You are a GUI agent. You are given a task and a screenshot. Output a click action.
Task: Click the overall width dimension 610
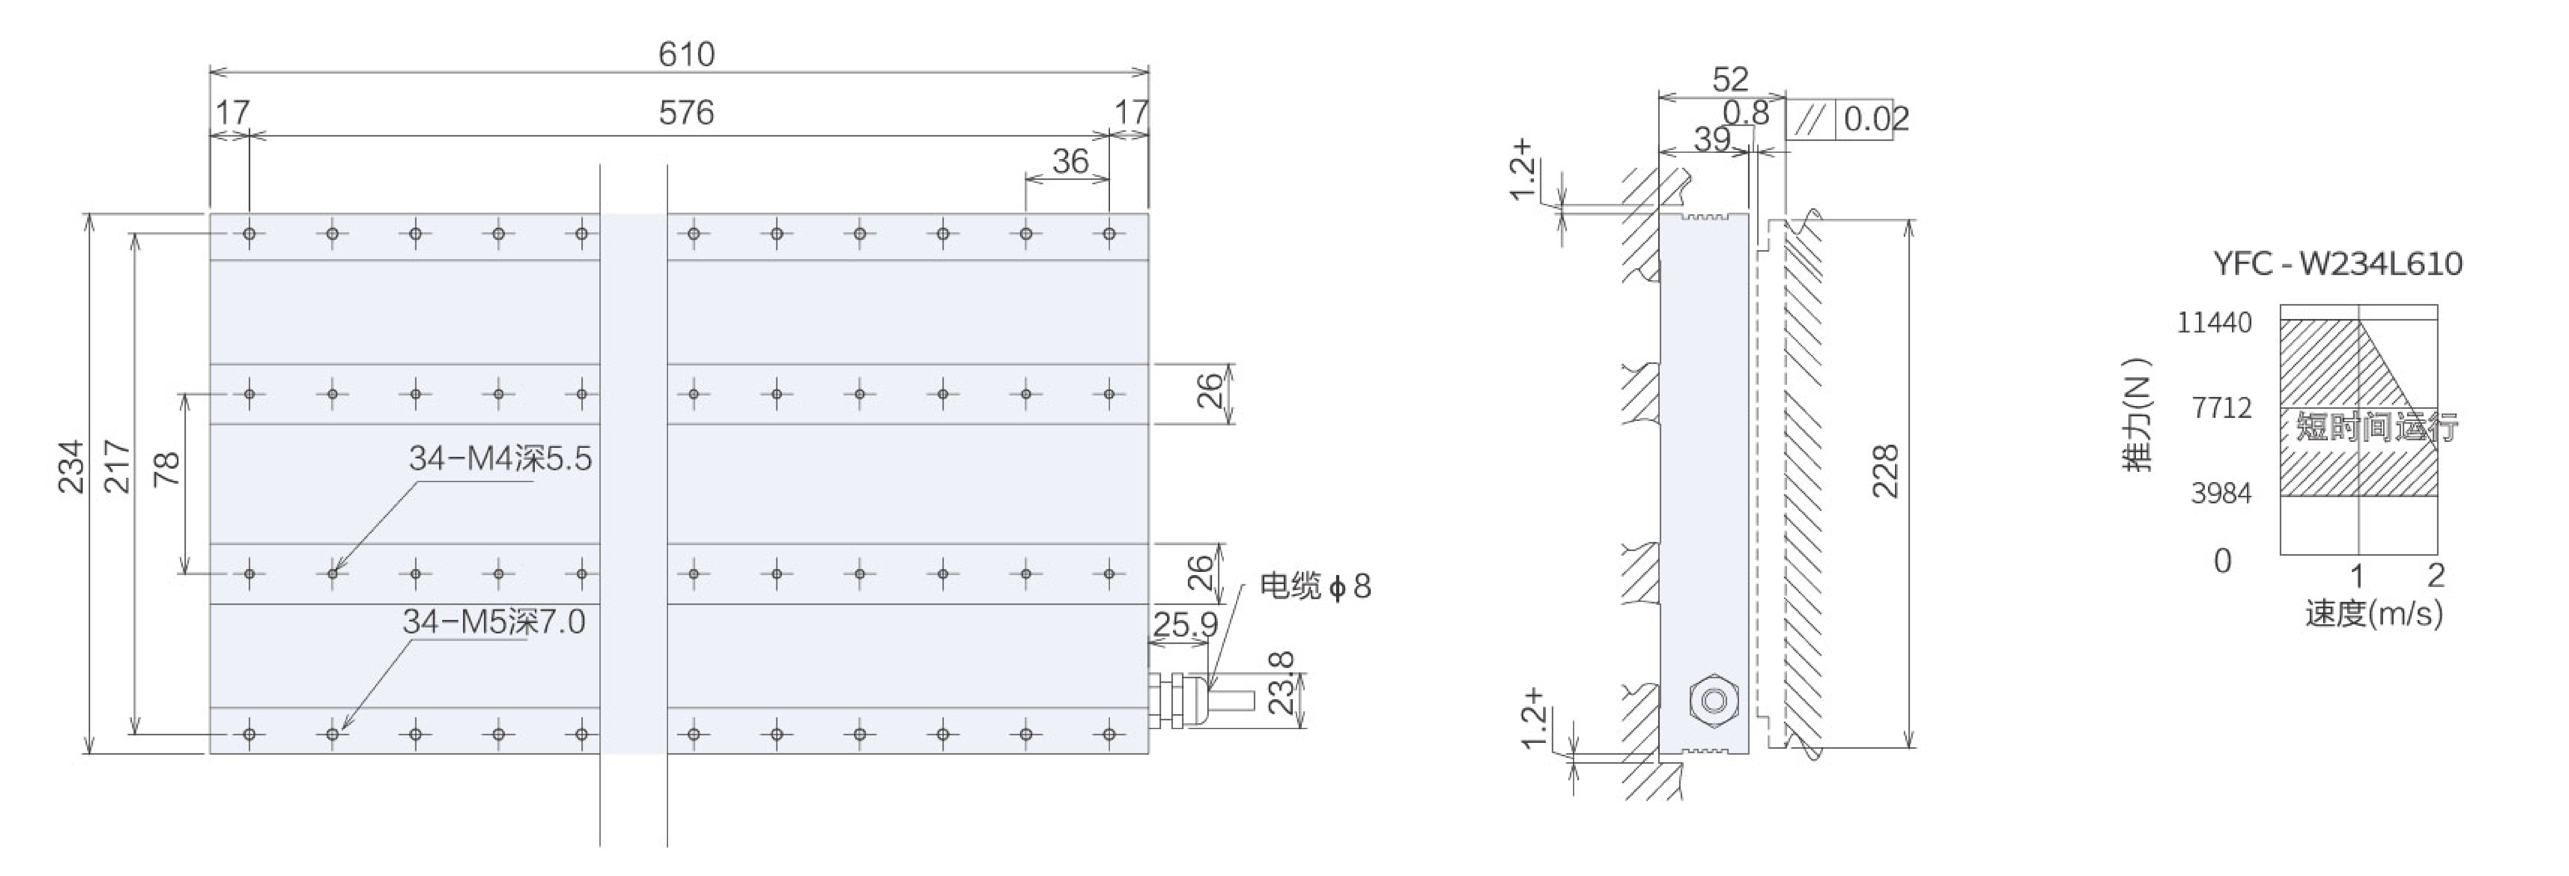coord(686,54)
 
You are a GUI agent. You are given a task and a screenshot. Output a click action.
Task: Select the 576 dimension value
coord(686,113)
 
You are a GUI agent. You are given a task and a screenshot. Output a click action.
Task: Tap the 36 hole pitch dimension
coord(1070,162)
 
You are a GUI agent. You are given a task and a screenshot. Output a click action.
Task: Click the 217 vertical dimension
coord(118,467)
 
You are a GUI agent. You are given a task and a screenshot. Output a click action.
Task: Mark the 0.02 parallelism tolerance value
coord(1875,119)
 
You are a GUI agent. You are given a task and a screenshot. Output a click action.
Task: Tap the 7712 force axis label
coord(2221,408)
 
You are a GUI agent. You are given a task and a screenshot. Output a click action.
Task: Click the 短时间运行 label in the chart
coord(2376,427)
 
